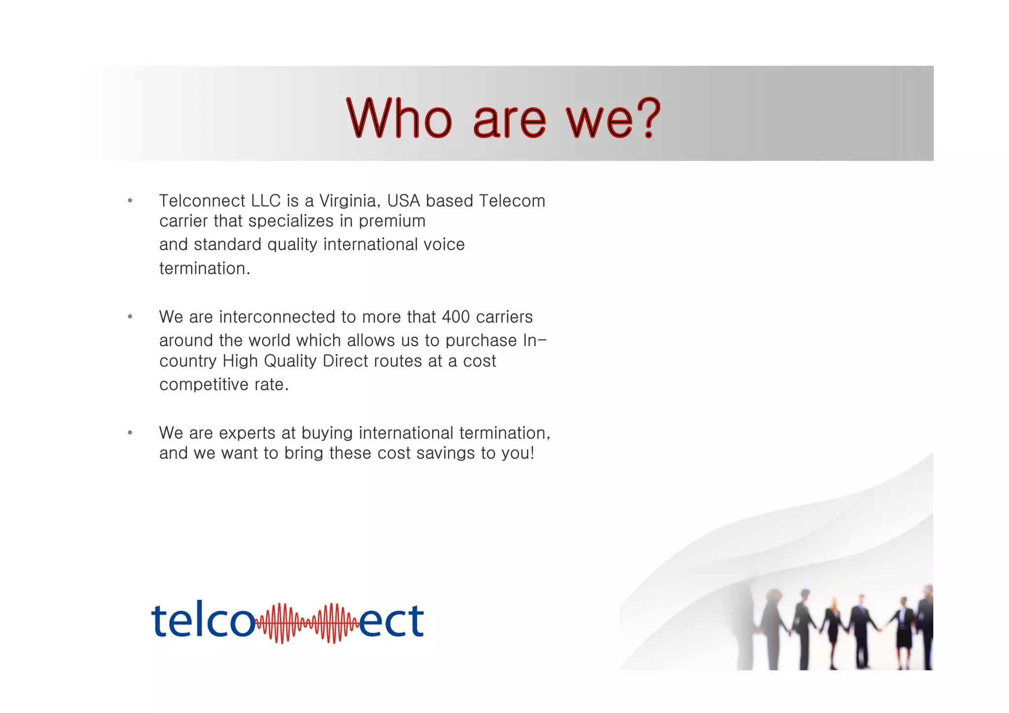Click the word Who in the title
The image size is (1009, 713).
click(399, 118)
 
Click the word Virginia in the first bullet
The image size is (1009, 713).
click(349, 201)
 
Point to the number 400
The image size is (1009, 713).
click(456, 317)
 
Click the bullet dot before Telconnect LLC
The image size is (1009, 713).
click(130, 200)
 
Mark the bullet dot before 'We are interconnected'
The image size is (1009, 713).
click(130, 317)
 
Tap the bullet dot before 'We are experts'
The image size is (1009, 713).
click(130, 433)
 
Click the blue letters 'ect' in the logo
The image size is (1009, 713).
click(392, 620)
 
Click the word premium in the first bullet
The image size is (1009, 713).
click(392, 221)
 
